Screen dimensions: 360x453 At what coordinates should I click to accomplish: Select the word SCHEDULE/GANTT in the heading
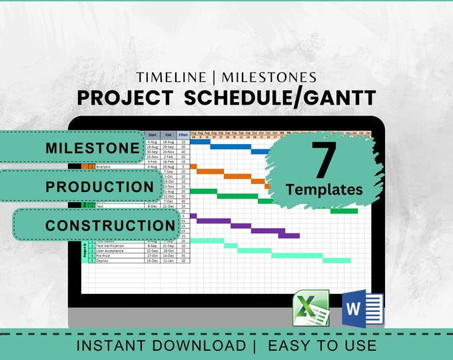pos(279,97)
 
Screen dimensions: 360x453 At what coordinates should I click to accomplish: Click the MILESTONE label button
pos(93,148)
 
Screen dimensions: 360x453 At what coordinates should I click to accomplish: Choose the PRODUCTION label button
pos(100,187)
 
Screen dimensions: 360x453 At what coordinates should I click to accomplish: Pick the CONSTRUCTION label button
pos(110,225)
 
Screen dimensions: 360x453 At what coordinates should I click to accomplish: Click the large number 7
pos(324,161)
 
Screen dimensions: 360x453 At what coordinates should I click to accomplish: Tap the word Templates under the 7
pos(324,189)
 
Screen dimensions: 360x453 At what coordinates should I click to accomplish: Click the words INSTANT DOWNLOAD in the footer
pos(161,345)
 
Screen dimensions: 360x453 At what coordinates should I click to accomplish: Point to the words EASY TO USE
pos(322,345)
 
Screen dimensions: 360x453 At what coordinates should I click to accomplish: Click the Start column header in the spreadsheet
pos(152,135)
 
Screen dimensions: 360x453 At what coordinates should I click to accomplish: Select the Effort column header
pos(183,135)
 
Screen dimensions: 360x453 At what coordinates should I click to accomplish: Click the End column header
pos(168,135)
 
